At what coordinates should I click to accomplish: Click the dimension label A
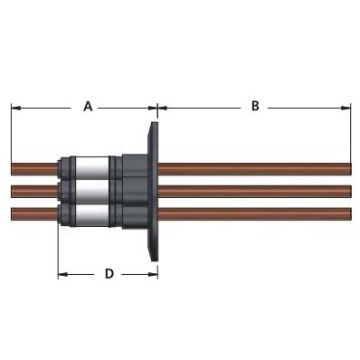click(88, 107)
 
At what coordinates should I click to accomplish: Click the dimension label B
click(255, 106)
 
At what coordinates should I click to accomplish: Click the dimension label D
click(109, 274)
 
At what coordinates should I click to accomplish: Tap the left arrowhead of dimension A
click(15, 108)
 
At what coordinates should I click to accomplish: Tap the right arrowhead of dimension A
click(153, 108)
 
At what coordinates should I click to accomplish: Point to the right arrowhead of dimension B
click(346, 108)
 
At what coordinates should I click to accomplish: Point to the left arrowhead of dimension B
click(163, 108)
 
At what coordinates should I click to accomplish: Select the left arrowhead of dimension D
click(62, 274)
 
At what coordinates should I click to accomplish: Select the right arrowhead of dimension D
click(153, 274)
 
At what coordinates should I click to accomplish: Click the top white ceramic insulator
click(92, 168)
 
